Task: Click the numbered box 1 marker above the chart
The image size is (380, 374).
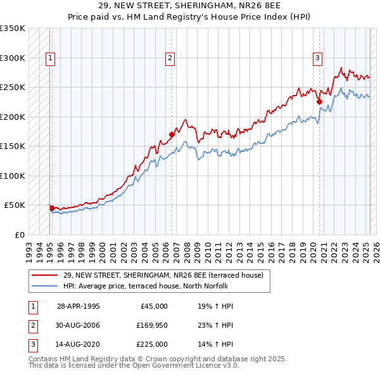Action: [x=50, y=59]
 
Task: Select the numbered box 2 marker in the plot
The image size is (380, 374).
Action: [x=170, y=59]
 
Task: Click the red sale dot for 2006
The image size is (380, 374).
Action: [x=172, y=134]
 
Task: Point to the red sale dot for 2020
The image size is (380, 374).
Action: [x=319, y=101]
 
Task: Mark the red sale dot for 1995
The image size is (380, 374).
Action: [x=52, y=207]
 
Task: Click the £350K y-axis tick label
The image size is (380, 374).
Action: [x=13, y=29]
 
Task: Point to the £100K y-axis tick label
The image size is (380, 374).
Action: [x=13, y=176]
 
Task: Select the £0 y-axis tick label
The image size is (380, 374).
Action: [x=20, y=235]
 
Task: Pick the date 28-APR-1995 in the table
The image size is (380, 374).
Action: [x=79, y=306]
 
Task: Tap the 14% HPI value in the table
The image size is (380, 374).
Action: [x=216, y=345]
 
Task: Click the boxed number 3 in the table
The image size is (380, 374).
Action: [x=32, y=345]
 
